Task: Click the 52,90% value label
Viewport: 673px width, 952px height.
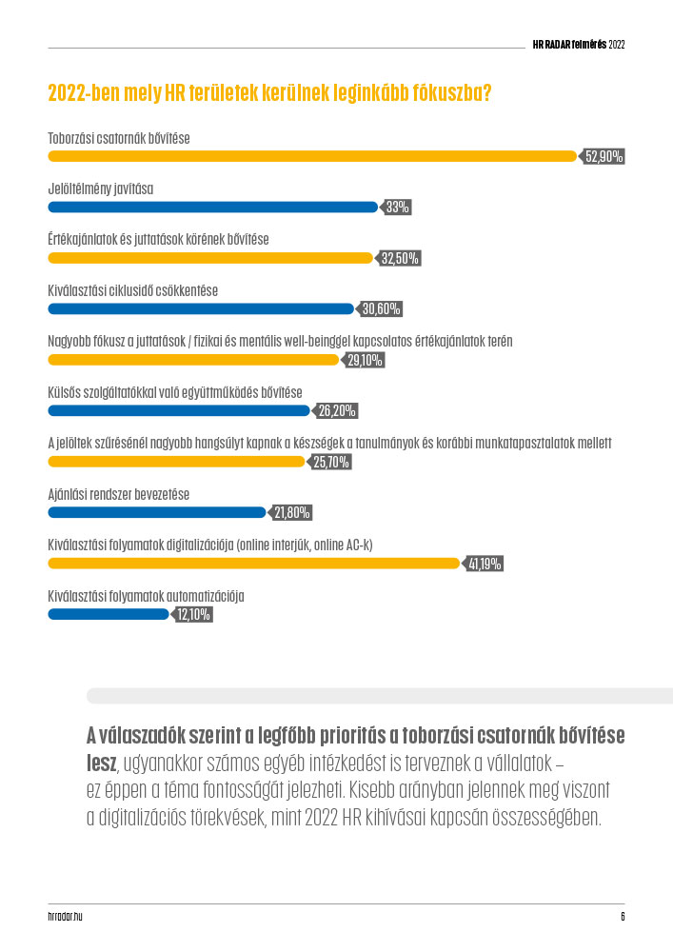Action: [604, 157]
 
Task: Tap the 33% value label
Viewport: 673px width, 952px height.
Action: [398, 208]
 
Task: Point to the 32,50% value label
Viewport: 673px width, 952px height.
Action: [400, 258]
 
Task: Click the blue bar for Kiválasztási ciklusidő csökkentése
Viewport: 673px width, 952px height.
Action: [200, 308]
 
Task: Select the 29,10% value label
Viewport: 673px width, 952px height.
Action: [366, 360]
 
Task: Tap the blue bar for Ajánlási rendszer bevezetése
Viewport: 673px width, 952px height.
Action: [156, 512]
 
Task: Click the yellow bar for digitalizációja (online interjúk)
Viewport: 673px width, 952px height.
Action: [253, 564]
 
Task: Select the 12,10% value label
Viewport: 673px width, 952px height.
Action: [193, 615]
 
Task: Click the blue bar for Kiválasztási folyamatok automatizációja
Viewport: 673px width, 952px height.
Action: [108, 614]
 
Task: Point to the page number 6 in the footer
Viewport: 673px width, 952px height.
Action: [622, 917]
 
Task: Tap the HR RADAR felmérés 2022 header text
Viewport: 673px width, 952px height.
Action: [578, 45]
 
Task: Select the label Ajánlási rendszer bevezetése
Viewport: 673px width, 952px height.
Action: [118, 494]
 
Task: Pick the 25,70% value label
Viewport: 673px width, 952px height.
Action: [332, 463]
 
